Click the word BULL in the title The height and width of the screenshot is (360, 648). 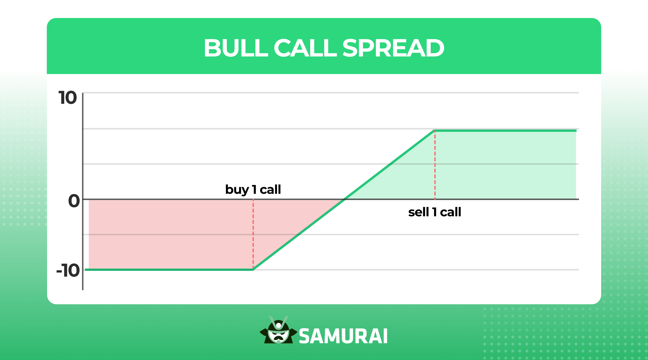[235, 48]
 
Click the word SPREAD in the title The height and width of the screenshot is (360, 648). [393, 48]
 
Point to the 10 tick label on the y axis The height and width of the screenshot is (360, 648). [67, 98]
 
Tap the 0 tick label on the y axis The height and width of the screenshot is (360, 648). [74, 201]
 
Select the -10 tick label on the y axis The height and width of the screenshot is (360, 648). [68, 271]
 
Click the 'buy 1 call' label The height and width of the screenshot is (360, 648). [253, 190]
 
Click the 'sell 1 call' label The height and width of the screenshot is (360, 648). [434, 212]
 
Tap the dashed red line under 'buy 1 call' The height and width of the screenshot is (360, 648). [253, 234]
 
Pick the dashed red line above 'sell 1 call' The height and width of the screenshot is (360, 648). [435, 165]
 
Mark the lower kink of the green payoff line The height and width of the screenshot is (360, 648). [253, 270]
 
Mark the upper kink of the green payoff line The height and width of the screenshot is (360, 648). [434, 131]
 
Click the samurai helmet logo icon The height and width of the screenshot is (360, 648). [278, 330]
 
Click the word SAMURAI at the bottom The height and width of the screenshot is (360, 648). [343, 336]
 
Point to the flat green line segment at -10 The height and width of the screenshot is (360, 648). [168, 270]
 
